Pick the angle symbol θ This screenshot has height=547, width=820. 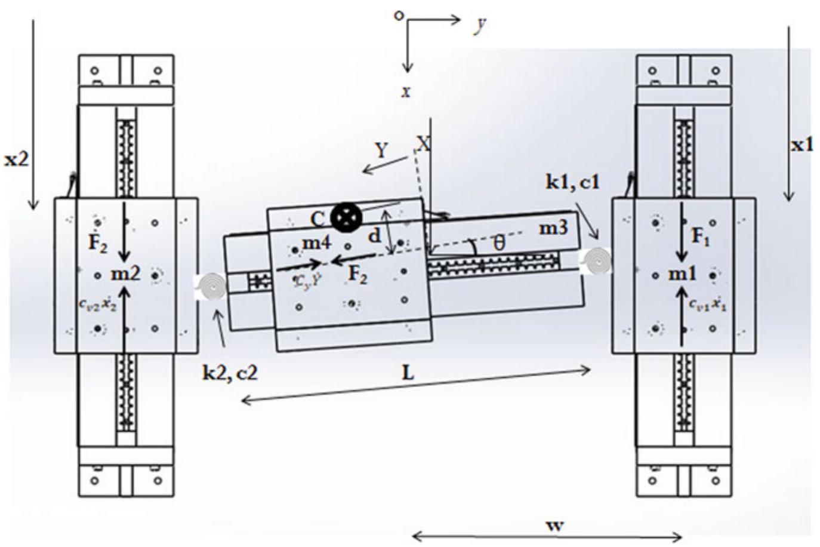pyautogui.click(x=500, y=244)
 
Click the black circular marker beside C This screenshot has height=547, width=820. pyautogui.click(x=346, y=217)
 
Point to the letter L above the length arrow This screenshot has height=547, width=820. pyautogui.click(x=408, y=373)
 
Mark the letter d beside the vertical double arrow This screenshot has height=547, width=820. pyautogui.click(x=374, y=236)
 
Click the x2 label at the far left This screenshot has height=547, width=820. pyautogui.click(x=16, y=159)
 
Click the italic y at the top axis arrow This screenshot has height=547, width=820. pyautogui.click(x=479, y=26)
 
